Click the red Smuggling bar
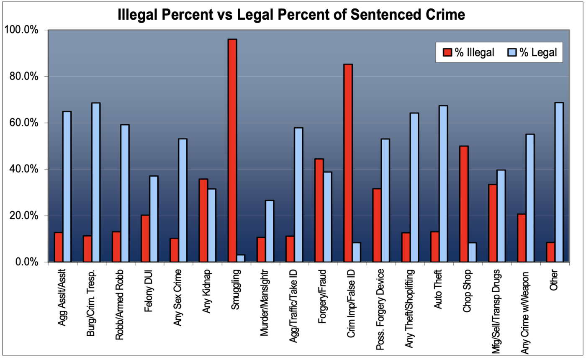(x=233, y=151)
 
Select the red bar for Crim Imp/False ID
(x=349, y=163)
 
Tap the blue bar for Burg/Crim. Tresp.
(x=96, y=183)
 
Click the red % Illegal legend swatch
(x=447, y=52)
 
